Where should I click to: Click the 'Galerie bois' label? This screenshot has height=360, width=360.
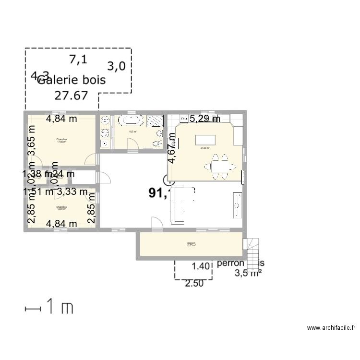(x=71, y=80)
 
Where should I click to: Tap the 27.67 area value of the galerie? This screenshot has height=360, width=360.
(x=71, y=95)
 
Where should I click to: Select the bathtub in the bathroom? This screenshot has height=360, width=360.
(x=129, y=120)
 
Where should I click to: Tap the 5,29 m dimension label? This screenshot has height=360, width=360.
(x=204, y=119)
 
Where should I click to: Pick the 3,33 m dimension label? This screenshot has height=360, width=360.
(x=72, y=192)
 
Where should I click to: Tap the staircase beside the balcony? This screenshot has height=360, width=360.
(x=252, y=249)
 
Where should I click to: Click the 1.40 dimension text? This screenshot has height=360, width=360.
(x=202, y=266)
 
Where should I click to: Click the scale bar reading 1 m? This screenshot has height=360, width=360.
(x=48, y=308)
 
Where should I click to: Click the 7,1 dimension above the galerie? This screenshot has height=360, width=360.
(x=78, y=60)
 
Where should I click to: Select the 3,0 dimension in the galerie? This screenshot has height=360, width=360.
(x=116, y=66)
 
